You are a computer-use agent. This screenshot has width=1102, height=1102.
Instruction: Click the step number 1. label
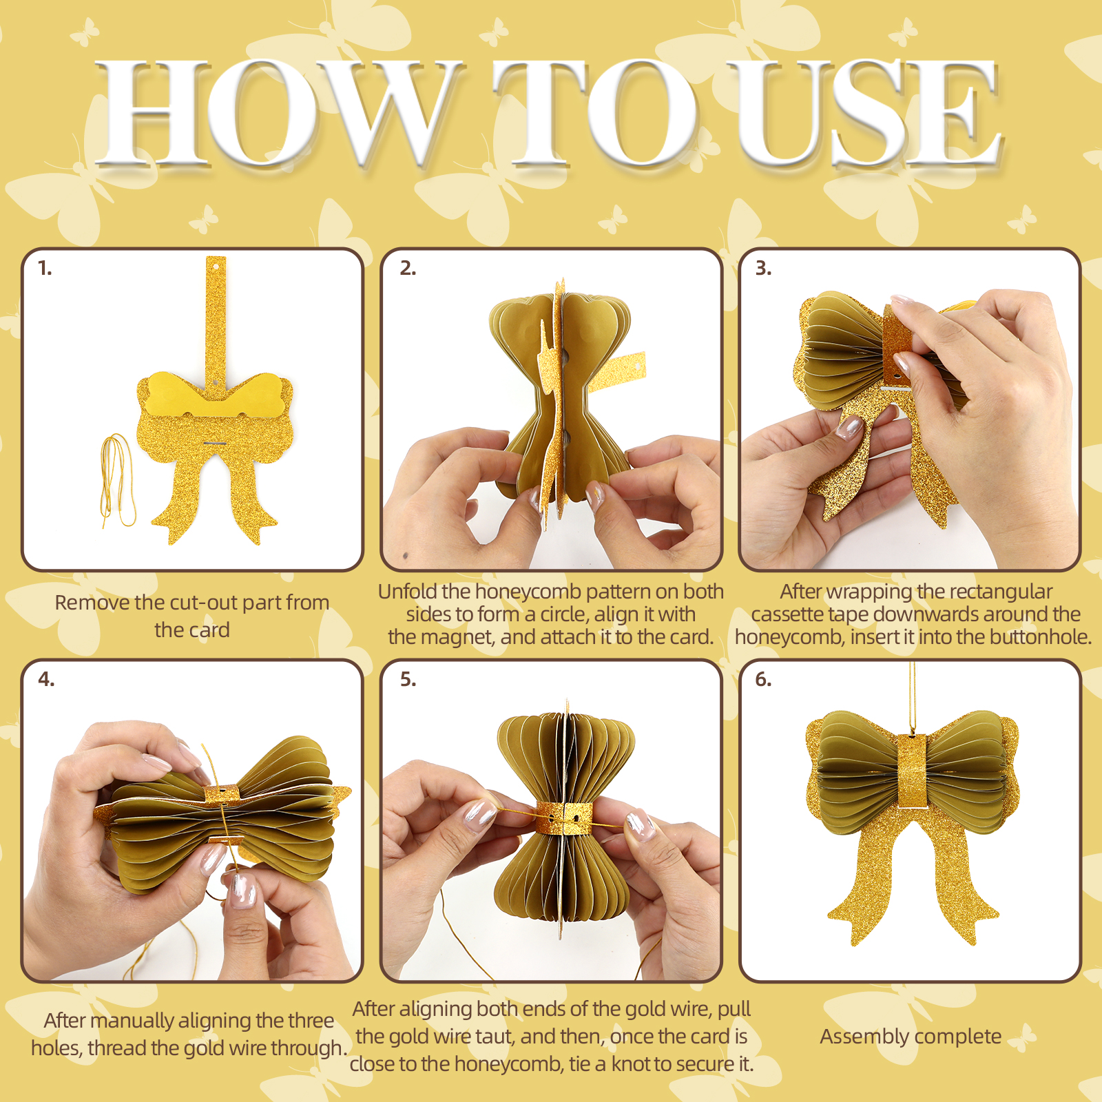point(45,269)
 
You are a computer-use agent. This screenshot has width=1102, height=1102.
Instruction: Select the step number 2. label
point(408,269)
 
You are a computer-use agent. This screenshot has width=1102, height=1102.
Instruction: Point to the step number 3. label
point(763,269)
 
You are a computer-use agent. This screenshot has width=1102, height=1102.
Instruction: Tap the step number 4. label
point(46,680)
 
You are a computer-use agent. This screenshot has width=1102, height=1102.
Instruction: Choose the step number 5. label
point(408,680)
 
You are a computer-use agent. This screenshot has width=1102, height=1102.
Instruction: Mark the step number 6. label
point(763,680)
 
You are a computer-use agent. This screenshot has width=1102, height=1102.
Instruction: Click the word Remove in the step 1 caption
point(92,603)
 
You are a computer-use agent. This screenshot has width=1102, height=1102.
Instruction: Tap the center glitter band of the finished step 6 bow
point(913,771)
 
